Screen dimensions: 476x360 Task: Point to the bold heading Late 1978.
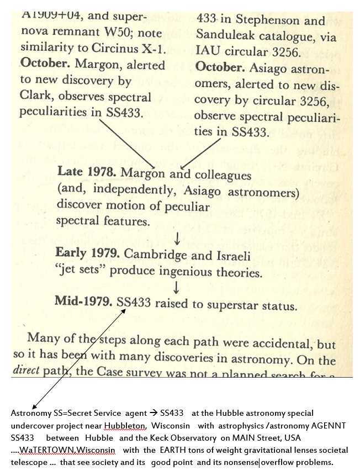coord(87,172)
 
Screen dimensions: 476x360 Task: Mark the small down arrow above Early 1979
coord(177,239)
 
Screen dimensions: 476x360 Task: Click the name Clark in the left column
coord(35,97)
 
